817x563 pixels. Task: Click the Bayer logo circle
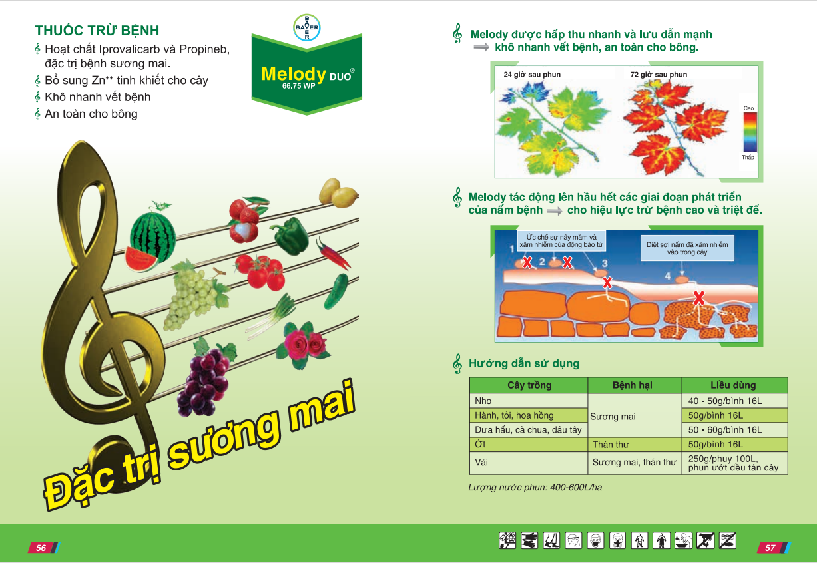(x=307, y=27)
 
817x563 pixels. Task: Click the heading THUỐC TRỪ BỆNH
(x=97, y=30)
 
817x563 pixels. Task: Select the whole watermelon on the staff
(x=153, y=236)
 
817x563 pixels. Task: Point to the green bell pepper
(x=291, y=236)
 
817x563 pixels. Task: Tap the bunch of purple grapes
(x=205, y=379)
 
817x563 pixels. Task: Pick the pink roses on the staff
(x=304, y=345)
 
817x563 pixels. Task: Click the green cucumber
(x=336, y=291)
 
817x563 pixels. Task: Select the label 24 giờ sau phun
(x=532, y=75)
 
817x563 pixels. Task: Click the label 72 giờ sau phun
(x=659, y=75)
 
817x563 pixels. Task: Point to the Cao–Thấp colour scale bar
(x=750, y=132)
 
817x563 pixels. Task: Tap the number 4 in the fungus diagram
(x=667, y=276)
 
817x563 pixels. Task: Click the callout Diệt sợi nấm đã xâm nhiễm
(x=687, y=248)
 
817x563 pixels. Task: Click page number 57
(x=770, y=548)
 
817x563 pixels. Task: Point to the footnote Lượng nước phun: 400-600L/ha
(x=535, y=488)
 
